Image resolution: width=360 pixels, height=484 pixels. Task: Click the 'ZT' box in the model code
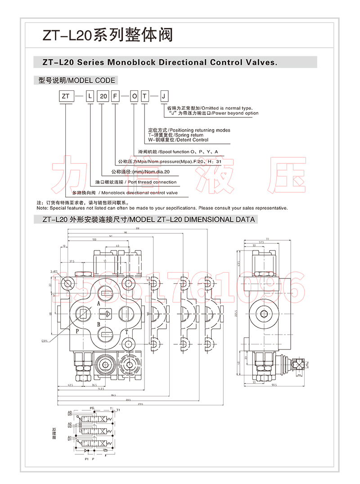click(66, 96)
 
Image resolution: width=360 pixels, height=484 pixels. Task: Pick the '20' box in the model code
click(103, 96)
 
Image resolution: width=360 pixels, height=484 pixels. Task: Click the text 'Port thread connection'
click(152, 182)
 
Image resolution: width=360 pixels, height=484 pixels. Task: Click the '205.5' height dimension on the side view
click(236, 315)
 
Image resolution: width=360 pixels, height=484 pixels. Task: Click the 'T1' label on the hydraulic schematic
click(118, 410)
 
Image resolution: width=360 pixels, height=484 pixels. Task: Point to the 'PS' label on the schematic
click(92, 408)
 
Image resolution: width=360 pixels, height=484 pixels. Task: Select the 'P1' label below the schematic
click(86, 459)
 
